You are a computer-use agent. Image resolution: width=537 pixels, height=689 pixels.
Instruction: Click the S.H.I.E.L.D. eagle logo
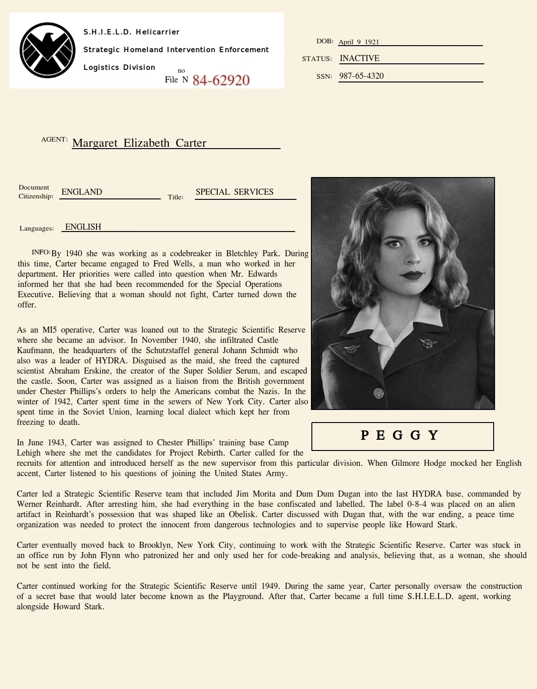coord(48,50)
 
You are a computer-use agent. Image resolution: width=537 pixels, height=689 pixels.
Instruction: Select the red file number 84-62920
coord(221,80)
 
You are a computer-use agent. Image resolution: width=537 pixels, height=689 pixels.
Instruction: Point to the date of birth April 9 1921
coord(358,42)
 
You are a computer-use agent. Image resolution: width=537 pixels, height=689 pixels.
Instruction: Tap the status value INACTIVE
coord(359,58)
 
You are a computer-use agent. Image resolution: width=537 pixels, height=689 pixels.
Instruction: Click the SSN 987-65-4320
coord(361,76)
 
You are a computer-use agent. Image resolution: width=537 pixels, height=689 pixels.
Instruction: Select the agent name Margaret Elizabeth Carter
coord(139,143)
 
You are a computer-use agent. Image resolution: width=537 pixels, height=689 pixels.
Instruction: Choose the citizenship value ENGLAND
coord(82,192)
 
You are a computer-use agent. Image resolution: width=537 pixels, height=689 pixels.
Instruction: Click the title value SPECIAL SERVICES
coord(234,192)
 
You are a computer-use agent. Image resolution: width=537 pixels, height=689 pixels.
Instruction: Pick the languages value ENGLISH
coord(83,227)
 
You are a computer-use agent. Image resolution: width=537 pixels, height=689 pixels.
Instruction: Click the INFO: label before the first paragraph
coord(41,252)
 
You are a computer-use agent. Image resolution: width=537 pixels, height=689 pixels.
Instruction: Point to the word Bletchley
coord(242,253)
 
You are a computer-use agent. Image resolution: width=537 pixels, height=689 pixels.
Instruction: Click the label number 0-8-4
coord(416,504)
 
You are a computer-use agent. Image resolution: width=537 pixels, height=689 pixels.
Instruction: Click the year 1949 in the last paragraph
coord(270,586)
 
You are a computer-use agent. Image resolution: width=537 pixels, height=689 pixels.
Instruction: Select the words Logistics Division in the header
coord(119,68)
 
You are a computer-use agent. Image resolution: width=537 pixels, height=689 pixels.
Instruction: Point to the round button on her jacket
coord(379,393)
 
